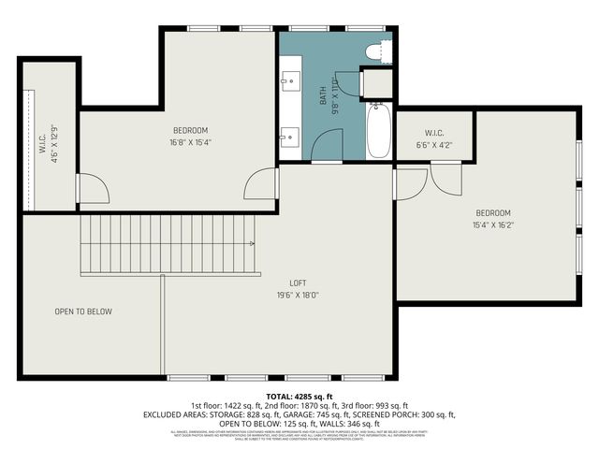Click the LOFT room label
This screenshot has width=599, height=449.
click(298, 282)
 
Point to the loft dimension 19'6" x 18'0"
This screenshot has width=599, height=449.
click(298, 296)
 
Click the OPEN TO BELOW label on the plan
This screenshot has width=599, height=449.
click(83, 311)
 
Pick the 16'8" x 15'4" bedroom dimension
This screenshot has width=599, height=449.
click(190, 142)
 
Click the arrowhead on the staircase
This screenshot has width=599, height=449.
click(252, 243)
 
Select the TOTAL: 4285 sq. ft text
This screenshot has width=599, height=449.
click(299, 397)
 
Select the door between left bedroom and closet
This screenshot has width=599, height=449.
click(94, 190)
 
